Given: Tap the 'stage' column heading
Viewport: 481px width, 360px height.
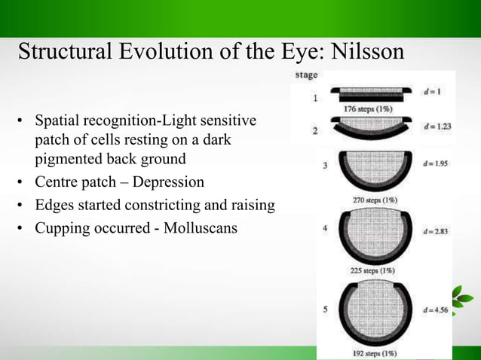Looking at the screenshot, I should click(305, 75).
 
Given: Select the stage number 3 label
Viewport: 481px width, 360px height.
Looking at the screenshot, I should click(325, 167).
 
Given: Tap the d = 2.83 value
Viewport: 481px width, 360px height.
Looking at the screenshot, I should click(435, 231).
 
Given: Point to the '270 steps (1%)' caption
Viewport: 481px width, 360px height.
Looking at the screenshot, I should click(369, 200).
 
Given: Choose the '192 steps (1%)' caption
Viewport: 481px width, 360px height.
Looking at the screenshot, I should click(369, 352).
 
